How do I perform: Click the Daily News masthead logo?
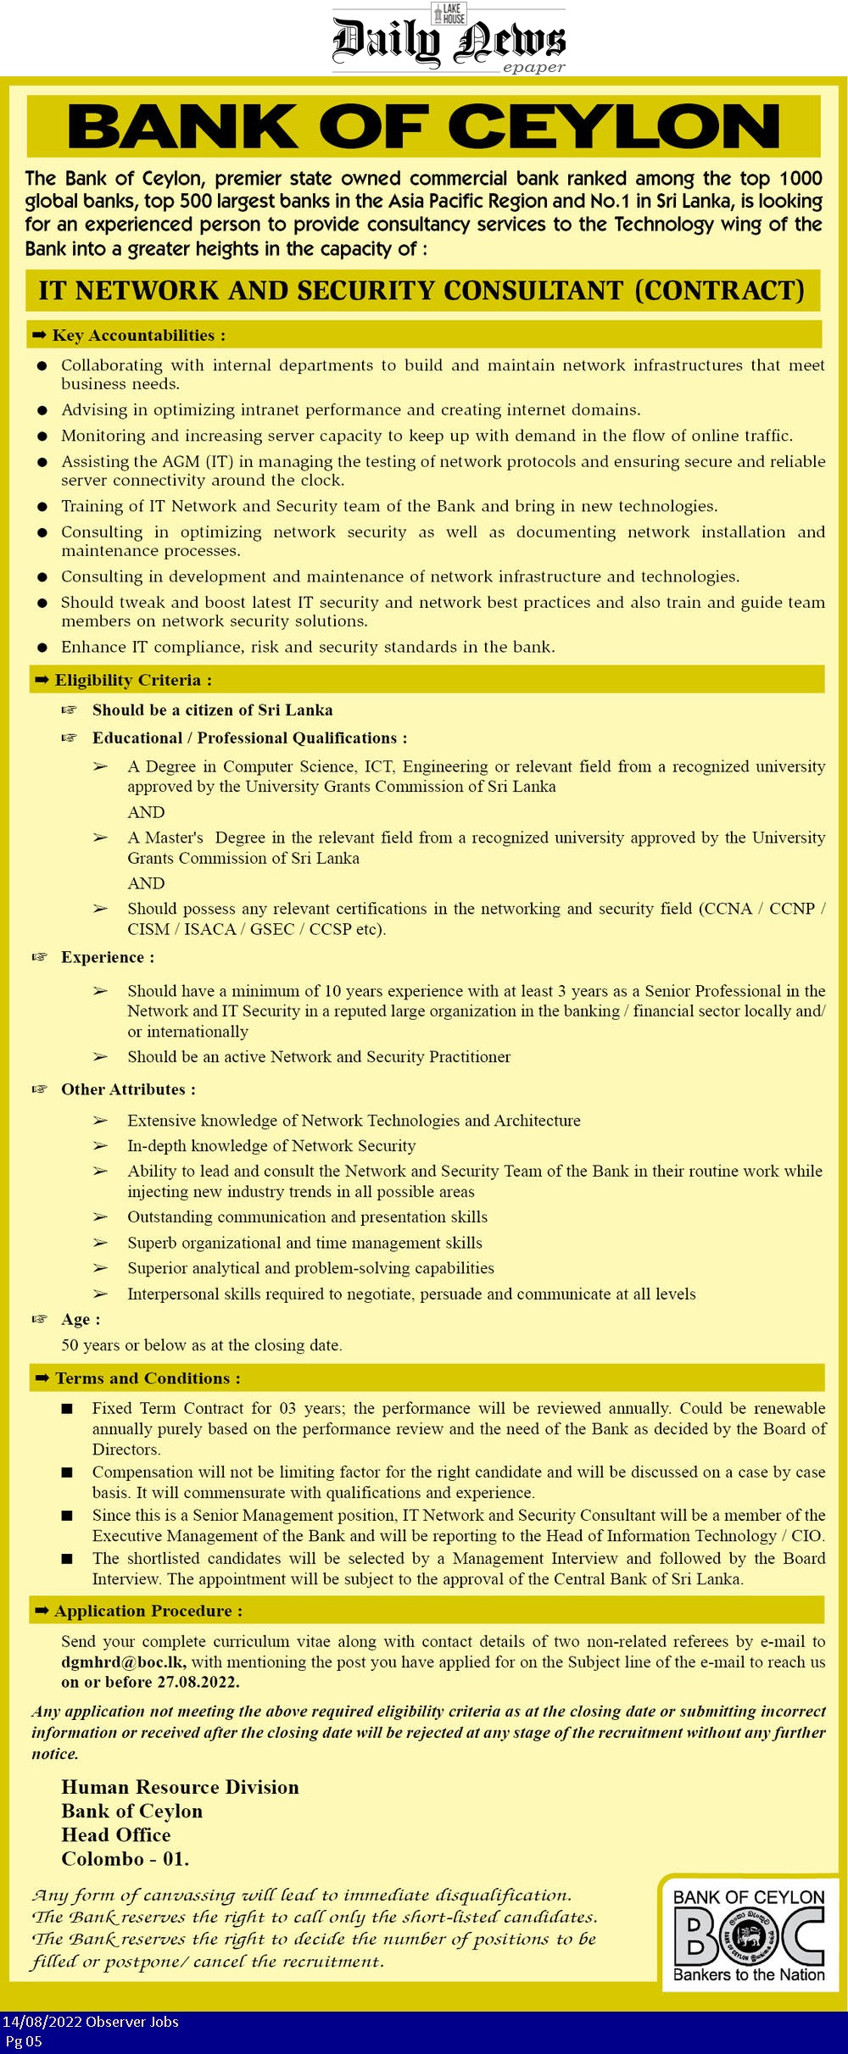point(449,40)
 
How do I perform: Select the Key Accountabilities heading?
point(138,336)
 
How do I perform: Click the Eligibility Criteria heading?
point(133,680)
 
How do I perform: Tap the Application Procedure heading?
point(148,1611)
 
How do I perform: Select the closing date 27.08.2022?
point(197,1682)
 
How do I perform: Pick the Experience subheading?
point(107,957)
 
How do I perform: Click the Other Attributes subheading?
point(127,1089)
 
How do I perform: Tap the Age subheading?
point(80,1319)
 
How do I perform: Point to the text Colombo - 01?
point(125,1859)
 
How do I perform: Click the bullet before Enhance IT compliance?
point(42,648)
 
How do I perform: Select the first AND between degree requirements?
point(146,812)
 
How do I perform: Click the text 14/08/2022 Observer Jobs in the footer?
point(90,2022)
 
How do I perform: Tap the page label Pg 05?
point(23,2041)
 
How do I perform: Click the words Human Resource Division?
point(180,1787)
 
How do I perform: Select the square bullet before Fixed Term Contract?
point(67,1409)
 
